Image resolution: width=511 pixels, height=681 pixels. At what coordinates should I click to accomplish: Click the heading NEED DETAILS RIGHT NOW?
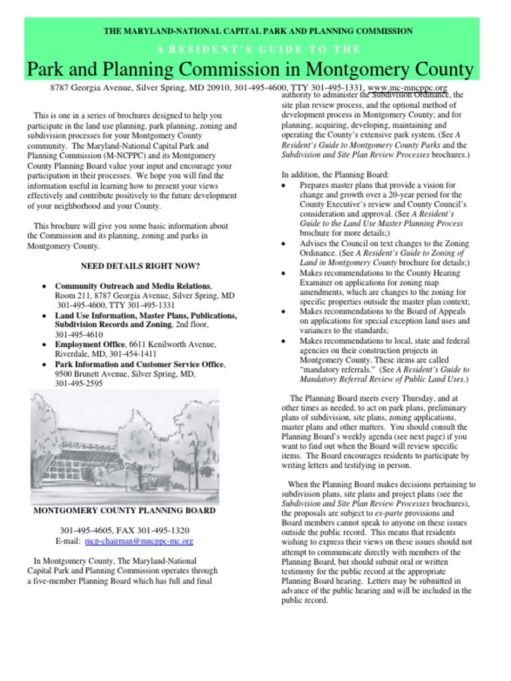(x=140, y=266)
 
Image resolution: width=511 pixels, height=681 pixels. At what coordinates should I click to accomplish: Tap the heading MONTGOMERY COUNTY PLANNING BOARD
(x=124, y=511)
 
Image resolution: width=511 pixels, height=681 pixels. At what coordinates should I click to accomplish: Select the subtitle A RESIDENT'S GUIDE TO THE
(x=259, y=50)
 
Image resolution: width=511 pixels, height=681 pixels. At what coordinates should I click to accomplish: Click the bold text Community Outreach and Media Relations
(x=132, y=285)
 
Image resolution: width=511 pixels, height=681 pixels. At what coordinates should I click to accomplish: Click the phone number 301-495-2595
(x=79, y=384)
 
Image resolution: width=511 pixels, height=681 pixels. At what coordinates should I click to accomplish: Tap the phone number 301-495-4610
(x=79, y=335)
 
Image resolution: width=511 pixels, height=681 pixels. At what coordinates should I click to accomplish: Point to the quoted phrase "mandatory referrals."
(x=337, y=369)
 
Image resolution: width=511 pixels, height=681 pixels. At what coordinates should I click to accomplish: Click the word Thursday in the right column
(x=401, y=398)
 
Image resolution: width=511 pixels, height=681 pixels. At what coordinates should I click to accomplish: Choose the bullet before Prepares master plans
(x=285, y=186)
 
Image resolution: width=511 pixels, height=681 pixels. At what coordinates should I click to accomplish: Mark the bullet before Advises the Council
(x=285, y=244)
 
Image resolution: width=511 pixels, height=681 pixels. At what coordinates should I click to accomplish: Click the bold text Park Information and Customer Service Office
(x=140, y=364)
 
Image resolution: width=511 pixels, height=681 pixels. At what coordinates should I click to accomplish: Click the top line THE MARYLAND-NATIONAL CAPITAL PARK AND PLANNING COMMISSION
(x=258, y=31)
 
